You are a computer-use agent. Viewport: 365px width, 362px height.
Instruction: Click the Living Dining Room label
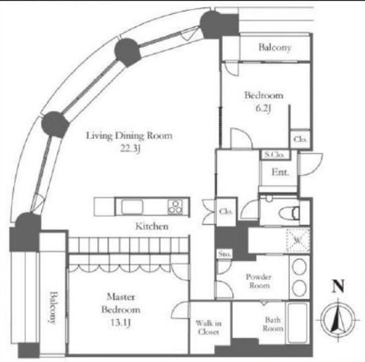click(129, 136)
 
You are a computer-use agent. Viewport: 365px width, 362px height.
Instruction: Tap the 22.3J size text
click(130, 148)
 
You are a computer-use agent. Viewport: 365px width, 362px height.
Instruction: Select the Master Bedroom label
click(121, 303)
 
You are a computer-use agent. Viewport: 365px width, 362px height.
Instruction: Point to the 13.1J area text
click(120, 323)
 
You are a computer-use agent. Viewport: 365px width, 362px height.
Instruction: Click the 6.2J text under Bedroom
click(263, 108)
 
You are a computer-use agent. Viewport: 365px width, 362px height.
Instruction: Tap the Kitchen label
click(152, 227)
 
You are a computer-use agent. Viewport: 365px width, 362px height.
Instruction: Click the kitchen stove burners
click(175, 207)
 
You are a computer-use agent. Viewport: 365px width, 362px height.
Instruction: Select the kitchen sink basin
click(132, 207)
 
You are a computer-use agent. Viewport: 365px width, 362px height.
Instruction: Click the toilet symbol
click(289, 213)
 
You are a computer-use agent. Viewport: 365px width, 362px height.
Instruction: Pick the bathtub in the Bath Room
click(298, 323)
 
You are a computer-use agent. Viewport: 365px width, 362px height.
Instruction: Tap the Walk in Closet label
click(208, 328)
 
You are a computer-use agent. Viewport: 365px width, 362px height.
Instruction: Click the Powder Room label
click(259, 281)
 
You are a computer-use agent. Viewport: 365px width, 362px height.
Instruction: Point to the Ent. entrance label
click(280, 173)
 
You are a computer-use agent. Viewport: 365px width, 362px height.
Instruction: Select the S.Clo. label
click(274, 154)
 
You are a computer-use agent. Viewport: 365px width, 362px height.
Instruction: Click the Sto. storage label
click(224, 254)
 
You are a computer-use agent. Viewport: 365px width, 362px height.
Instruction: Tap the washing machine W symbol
click(298, 240)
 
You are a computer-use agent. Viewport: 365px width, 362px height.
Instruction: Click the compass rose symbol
click(338, 320)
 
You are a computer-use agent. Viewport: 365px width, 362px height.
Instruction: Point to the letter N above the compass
click(338, 286)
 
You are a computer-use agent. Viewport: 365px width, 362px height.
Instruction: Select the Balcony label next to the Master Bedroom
click(53, 307)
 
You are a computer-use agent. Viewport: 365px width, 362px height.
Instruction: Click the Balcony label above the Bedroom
click(275, 48)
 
